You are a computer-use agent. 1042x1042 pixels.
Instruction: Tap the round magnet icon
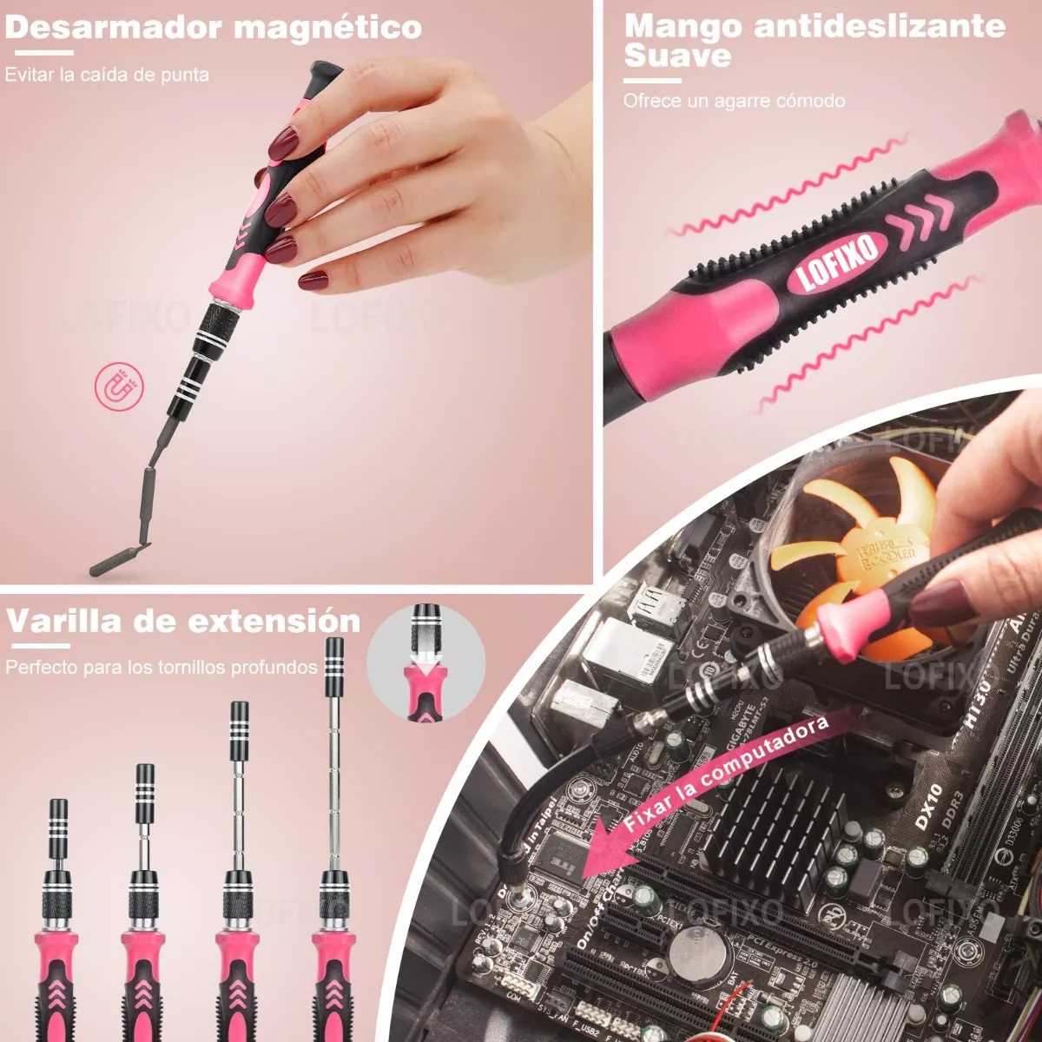[116, 386]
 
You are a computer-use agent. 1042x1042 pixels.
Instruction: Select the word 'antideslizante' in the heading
[880, 26]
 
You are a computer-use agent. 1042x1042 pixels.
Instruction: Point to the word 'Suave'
[677, 57]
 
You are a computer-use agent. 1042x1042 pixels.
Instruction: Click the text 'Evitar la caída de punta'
[107, 75]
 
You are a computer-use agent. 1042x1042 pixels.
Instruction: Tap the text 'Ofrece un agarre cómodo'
[734, 101]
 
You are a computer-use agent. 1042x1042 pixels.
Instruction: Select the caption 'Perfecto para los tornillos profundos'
[162, 668]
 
